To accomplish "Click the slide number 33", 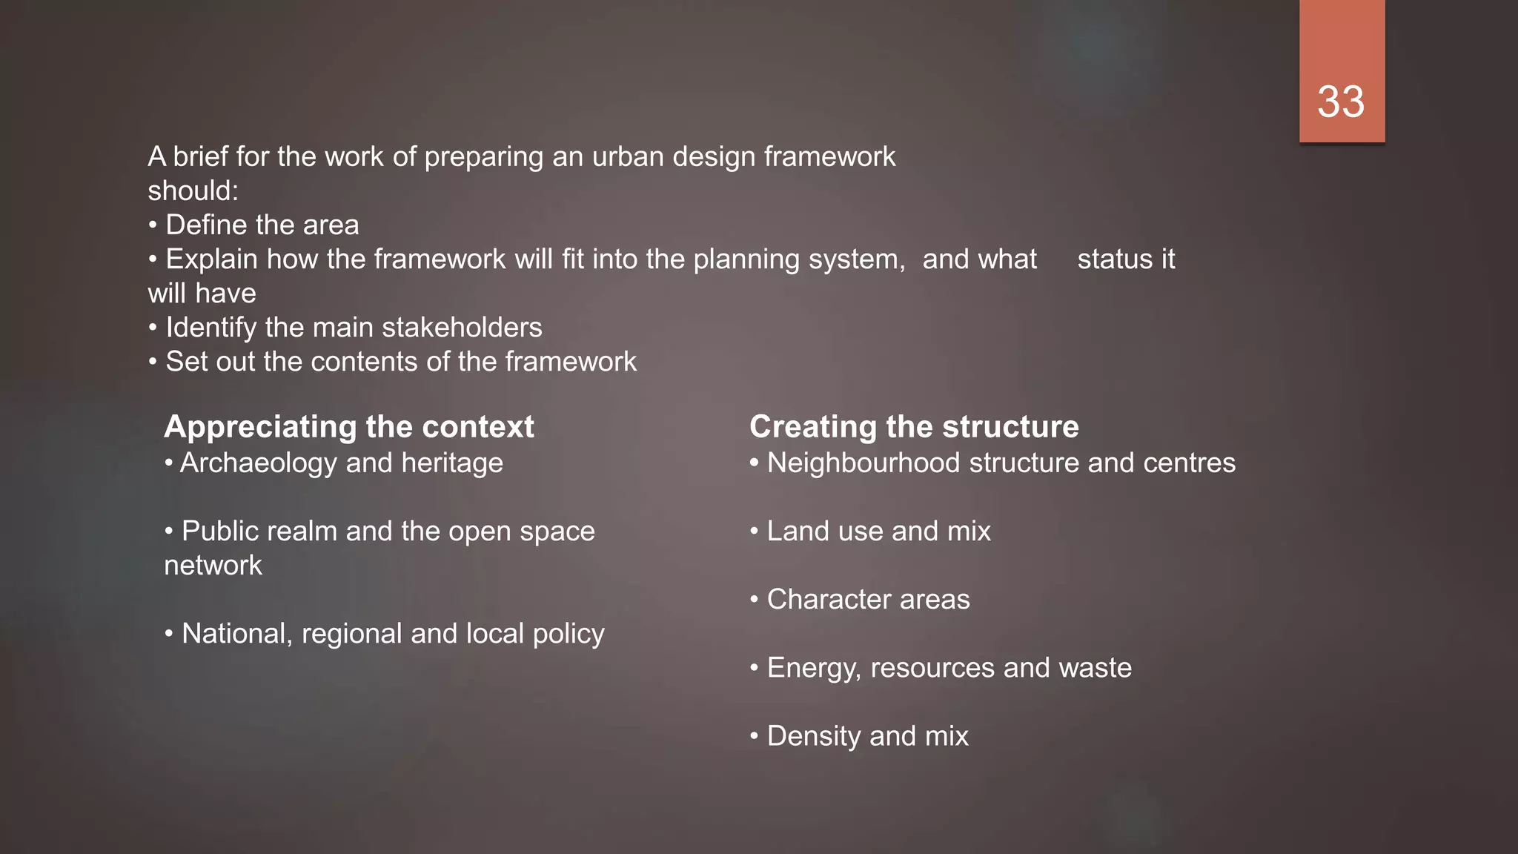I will pyautogui.click(x=1341, y=102).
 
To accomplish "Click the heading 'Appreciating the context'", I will pyautogui.click(x=349, y=427).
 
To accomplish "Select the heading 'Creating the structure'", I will pyautogui.click(x=914, y=427).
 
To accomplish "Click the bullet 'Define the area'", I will pyautogui.click(x=262, y=225).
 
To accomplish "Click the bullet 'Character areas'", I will pyautogui.click(x=868, y=600).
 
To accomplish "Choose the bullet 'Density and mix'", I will pyautogui.click(x=867, y=736).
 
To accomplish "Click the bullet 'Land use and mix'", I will pyautogui.click(x=878, y=532).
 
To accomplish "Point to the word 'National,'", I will pyautogui.click(x=236, y=634).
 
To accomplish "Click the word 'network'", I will pyautogui.click(x=213, y=566).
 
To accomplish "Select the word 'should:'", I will pyautogui.click(x=193, y=191).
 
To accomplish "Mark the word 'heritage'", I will pyautogui.click(x=452, y=463).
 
